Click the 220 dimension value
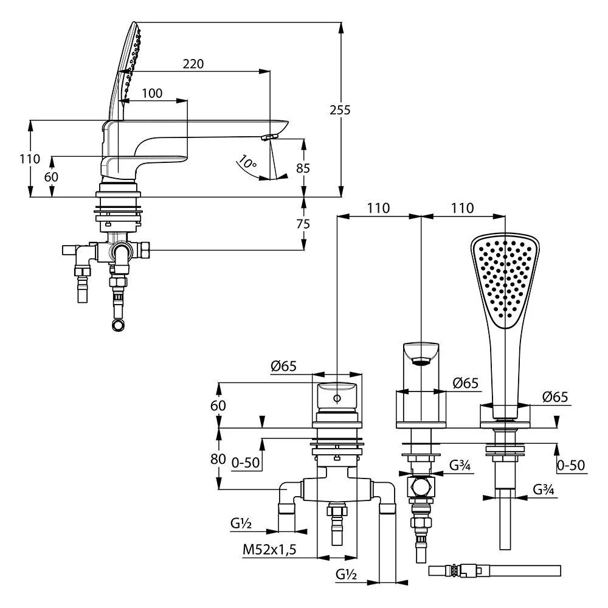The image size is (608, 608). coord(193,64)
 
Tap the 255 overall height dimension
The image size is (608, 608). coord(340,110)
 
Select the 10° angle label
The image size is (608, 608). coord(247,161)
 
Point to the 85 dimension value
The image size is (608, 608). coord(303,168)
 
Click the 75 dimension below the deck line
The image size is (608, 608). coord(303,224)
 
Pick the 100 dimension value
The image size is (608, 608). coord(152,93)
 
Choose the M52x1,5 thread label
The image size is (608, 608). coord(269,549)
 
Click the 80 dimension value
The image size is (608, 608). coord(218,458)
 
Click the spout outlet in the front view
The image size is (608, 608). coord(421,362)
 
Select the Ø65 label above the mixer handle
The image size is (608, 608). coord(283,366)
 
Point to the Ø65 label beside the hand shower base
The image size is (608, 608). coord(555,396)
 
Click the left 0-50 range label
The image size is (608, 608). coord(246,463)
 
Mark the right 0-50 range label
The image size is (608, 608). coord(571,465)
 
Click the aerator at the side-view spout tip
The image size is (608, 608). coord(270,137)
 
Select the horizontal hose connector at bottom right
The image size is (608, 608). coord(495,571)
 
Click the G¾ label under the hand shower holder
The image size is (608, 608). coord(544,489)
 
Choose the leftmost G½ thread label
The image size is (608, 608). coord(241,523)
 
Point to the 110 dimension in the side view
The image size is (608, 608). coord(30,159)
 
